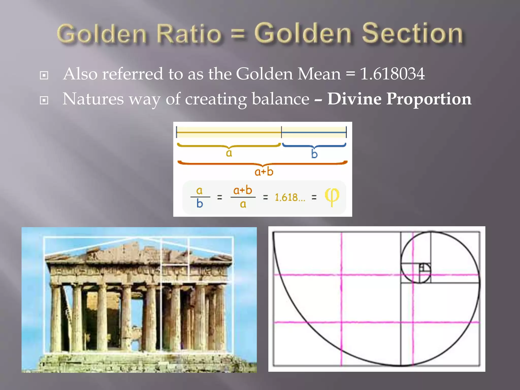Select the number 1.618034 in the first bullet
tap(392, 74)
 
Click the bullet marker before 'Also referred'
tap(44, 75)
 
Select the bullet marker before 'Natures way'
tap(44, 100)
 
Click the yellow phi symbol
tap(332, 197)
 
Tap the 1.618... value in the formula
tap(290, 197)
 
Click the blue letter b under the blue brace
tap(314, 154)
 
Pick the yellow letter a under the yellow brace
tap(229, 153)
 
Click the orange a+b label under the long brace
tap(264, 172)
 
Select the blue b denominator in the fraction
tap(200, 204)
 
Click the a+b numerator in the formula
tap(242, 190)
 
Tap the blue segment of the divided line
tap(314, 132)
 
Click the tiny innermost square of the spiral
tap(422, 267)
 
